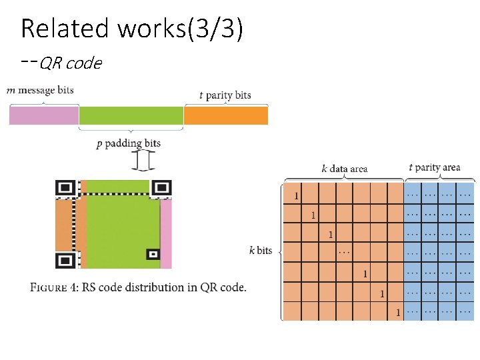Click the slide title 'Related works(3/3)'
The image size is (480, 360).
(x=131, y=29)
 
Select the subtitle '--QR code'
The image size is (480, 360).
(x=61, y=63)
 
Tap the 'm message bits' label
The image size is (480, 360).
(x=40, y=90)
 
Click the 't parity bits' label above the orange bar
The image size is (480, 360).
(x=225, y=95)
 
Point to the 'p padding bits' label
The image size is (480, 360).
(x=129, y=143)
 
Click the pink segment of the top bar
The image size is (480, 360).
(x=43, y=116)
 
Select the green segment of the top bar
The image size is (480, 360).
(x=131, y=116)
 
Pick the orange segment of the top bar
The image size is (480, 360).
(x=225, y=116)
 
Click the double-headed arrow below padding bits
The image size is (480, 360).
(x=143, y=161)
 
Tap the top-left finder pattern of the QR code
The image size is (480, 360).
(x=65, y=189)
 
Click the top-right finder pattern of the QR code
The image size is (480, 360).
(x=161, y=189)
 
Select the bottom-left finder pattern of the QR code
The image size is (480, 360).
(x=65, y=259)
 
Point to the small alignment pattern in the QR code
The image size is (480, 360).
(x=153, y=254)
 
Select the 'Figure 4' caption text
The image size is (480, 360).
(x=138, y=288)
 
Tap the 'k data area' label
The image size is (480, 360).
(x=344, y=169)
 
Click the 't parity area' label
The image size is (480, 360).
(x=434, y=167)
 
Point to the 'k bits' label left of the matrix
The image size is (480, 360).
(x=261, y=251)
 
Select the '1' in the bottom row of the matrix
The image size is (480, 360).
(x=398, y=312)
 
